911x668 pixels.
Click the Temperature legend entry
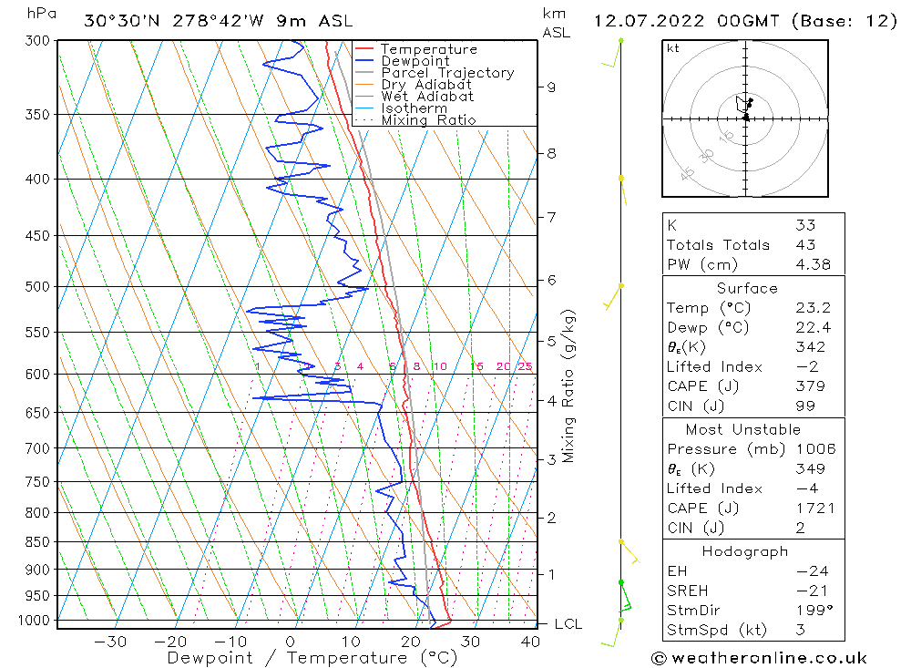pos(428,49)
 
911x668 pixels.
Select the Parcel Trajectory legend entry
pos(447,73)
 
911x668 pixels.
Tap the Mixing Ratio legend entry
pos(428,120)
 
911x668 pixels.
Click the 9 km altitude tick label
pos(550,87)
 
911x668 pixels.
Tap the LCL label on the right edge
pos(568,624)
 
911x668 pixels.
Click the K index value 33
pos(805,225)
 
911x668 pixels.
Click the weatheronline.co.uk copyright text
pos(759,658)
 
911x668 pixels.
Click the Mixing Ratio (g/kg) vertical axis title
pos(569,386)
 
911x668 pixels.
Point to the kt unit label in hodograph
pos(673,48)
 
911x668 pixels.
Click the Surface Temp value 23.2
pos(811,308)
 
